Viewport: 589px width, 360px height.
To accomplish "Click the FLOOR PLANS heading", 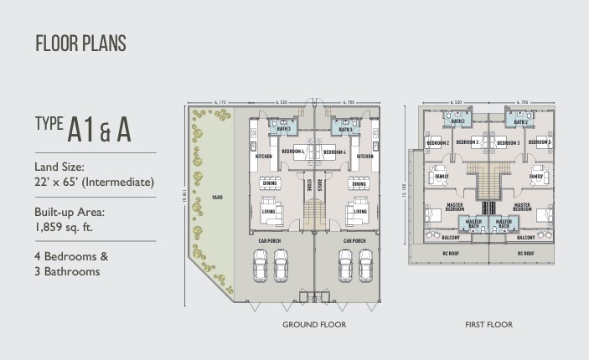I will (x=80, y=44).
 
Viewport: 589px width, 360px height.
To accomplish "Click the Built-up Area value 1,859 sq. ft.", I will (x=68, y=226).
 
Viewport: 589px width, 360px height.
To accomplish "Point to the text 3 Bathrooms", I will (x=71, y=271).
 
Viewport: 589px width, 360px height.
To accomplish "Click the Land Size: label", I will (x=61, y=167).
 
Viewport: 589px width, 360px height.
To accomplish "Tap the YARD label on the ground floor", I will (x=216, y=198).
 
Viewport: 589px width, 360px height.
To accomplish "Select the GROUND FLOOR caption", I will (x=314, y=324).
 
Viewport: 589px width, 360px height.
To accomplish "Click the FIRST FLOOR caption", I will (x=489, y=324).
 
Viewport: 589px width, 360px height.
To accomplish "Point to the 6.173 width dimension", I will (x=220, y=102).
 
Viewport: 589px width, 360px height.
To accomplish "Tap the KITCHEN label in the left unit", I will (x=263, y=157).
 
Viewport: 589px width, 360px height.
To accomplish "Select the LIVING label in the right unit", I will (x=360, y=212).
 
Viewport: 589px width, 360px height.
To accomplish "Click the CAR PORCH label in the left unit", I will (x=270, y=240).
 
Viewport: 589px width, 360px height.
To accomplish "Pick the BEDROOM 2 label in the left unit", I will (x=438, y=143).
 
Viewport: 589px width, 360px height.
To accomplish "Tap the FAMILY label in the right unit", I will (x=537, y=177).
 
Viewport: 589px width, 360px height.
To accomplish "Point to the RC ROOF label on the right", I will (x=525, y=252).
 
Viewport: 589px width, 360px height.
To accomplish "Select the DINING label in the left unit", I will (x=269, y=184).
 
